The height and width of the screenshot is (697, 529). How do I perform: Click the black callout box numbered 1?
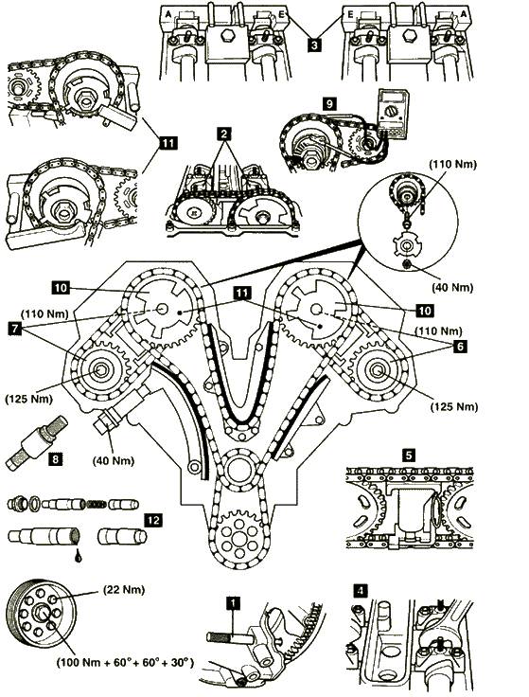tap(233, 603)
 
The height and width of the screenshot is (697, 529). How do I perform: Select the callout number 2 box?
tap(224, 134)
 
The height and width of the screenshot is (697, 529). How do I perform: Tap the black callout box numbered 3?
tap(314, 45)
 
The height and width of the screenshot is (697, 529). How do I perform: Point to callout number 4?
tap(361, 591)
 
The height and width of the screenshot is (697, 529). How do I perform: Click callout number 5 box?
tap(409, 456)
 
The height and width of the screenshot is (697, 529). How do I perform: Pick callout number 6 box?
tap(460, 346)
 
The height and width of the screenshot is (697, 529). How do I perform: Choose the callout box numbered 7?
tap(15, 329)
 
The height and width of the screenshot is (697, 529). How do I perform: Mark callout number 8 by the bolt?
tap(55, 458)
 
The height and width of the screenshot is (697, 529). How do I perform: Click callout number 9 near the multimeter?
tap(329, 104)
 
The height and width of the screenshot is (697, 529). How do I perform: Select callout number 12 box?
tap(153, 521)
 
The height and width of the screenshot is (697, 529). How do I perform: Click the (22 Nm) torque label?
tap(124, 590)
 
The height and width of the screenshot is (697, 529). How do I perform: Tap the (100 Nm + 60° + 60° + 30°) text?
tap(125, 663)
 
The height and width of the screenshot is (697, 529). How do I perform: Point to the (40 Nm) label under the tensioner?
tap(114, 460)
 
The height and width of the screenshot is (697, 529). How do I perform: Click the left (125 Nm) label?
tap(29, 399)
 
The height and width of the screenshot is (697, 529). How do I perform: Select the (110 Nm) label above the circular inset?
tap(452, 164)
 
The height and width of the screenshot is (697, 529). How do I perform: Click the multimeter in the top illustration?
tap(392, 113)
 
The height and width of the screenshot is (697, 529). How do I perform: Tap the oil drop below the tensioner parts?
tap(79, 556)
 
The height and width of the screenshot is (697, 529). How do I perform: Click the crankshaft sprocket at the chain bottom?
tap(239, 535)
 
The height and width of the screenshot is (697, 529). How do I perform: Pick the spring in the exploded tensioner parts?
tap(95, 504)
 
